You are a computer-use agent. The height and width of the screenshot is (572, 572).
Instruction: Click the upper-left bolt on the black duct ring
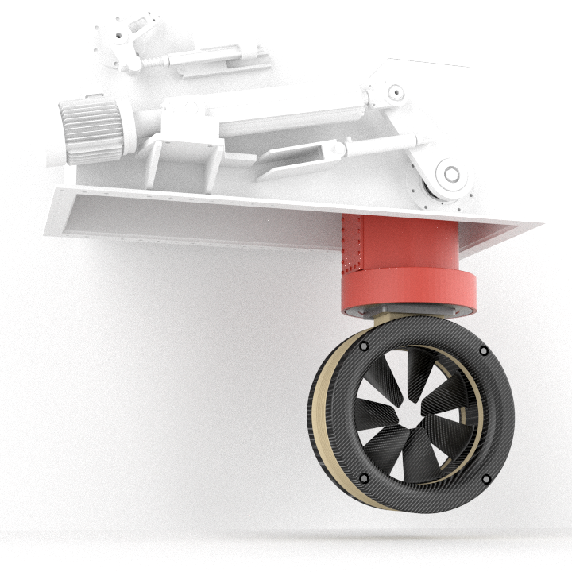click(363, 348)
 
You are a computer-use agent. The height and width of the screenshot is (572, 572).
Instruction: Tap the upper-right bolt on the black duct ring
click(483, 350)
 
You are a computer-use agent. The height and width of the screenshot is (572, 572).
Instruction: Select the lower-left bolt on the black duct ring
click(364, 478)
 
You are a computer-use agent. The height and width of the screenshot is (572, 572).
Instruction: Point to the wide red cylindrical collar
click(409, 290)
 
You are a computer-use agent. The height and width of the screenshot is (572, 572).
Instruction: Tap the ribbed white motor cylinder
click(89, 129)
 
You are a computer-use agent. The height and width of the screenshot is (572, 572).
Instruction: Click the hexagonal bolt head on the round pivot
click(451, 174)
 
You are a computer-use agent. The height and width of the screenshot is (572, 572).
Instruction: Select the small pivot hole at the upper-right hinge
click(395, 92)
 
